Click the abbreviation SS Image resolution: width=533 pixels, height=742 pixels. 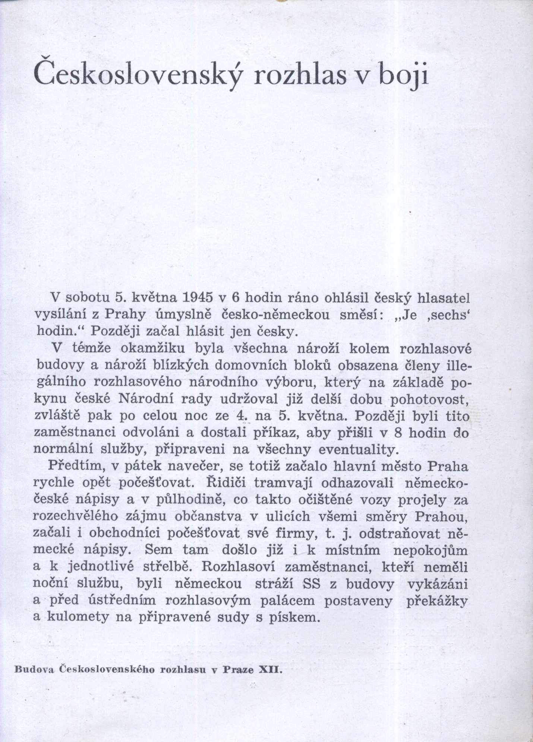312,584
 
